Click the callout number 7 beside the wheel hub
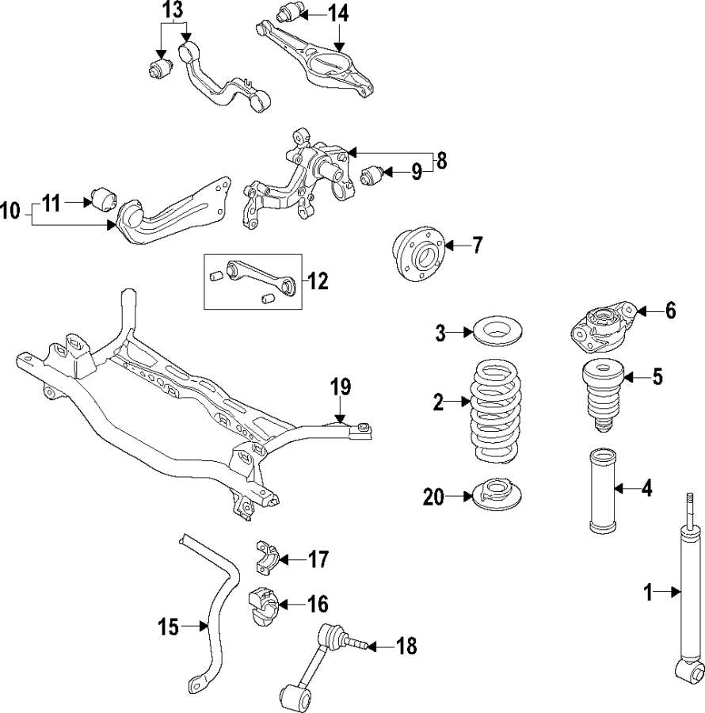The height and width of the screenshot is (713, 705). pos(476,246)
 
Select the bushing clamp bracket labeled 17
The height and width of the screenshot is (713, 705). pos(267,559)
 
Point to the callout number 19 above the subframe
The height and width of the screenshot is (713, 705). pos(340,388)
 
